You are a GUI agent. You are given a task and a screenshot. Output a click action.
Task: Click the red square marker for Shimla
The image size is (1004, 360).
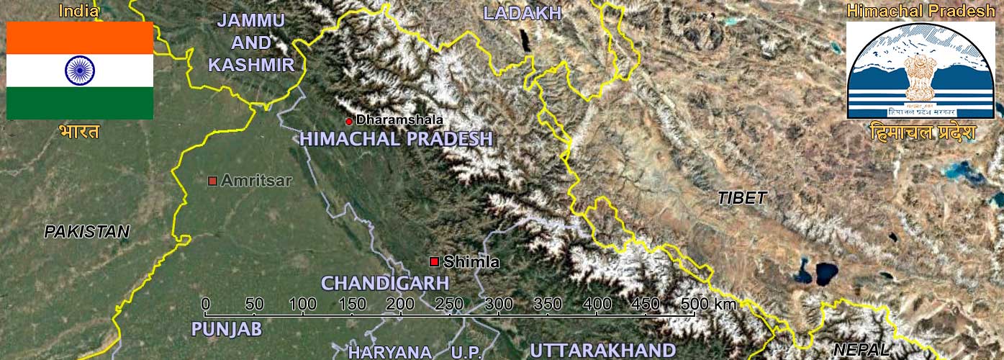coord(434,261)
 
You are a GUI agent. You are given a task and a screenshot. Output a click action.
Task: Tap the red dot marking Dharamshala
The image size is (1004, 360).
coord(349,121)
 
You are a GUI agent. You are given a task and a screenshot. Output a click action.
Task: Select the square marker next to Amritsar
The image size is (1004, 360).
coord(212,181)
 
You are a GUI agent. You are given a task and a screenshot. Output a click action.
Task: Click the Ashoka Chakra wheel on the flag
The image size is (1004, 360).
coord(80,70)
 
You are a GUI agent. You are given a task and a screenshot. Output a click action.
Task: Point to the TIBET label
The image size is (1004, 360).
coord(742,199)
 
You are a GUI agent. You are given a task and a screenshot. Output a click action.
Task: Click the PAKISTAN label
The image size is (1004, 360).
coord(86,232)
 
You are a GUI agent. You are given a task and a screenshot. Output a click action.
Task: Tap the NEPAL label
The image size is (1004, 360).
coord(861,351)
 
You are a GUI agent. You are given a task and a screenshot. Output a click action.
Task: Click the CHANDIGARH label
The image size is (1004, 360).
coord(385,283)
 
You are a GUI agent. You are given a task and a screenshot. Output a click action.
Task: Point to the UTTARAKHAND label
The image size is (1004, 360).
coord(602,351)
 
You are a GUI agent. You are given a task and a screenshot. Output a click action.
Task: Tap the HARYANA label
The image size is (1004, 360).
coord(390,352)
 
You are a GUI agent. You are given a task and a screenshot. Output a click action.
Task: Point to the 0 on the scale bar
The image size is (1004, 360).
coord(206,304)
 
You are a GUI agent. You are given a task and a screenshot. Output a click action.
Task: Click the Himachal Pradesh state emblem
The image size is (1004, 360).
coord(921,71)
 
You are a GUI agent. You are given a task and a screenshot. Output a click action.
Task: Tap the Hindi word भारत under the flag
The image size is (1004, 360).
coord(80,132)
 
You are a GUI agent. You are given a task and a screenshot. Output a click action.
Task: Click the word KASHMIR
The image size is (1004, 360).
coord(251,65)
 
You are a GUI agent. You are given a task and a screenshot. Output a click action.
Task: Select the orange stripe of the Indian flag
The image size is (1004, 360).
coord(80,37)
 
